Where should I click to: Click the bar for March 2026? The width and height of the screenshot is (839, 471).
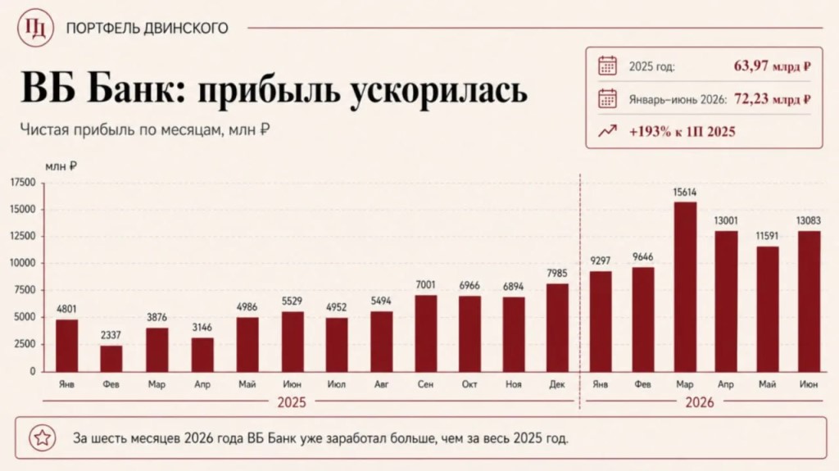685,287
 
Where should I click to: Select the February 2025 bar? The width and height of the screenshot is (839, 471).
111,359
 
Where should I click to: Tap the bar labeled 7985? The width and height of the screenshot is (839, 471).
557,328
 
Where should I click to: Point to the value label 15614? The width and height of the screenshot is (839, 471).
685,192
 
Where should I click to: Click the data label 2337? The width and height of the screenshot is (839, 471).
111,335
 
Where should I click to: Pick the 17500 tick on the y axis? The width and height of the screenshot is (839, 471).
23,183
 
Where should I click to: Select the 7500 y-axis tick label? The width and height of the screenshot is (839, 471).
25,290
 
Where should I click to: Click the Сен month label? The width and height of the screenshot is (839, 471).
425,384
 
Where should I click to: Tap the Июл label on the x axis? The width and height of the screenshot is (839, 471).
336,384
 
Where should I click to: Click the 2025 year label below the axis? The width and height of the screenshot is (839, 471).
292,402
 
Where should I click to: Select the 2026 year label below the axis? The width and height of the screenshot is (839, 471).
700,402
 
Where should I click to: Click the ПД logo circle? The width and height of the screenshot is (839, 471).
35,28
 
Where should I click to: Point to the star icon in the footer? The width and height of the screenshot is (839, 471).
43,437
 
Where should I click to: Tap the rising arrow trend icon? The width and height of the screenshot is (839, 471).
607,131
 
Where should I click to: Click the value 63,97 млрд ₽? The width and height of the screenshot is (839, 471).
772,66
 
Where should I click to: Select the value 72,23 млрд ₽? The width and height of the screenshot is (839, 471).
773,99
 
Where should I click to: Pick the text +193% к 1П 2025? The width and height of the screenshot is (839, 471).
683,132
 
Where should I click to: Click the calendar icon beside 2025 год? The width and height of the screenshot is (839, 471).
607,66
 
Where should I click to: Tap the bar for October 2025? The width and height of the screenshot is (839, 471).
469,334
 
